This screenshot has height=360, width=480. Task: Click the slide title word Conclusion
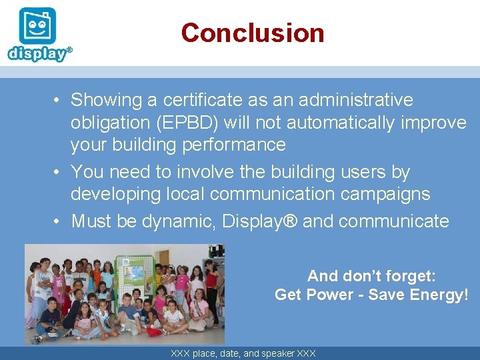click(x=252, y=33)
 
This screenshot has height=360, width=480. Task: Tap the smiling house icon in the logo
click(x=37, y=25)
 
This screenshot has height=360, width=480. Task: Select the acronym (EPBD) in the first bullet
click(x=186, y=123)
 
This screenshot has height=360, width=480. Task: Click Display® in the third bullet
click(x=260, y=221)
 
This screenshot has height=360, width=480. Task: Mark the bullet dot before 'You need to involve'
click(x=59, y=173)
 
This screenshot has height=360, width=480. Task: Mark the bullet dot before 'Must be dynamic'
click(x=59, y=221)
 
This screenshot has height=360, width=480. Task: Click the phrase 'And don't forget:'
click(x=371, y=275)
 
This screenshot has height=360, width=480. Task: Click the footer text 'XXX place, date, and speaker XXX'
click(x=243, y=353)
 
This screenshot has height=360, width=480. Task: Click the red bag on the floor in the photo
click(x=154, y=331)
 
